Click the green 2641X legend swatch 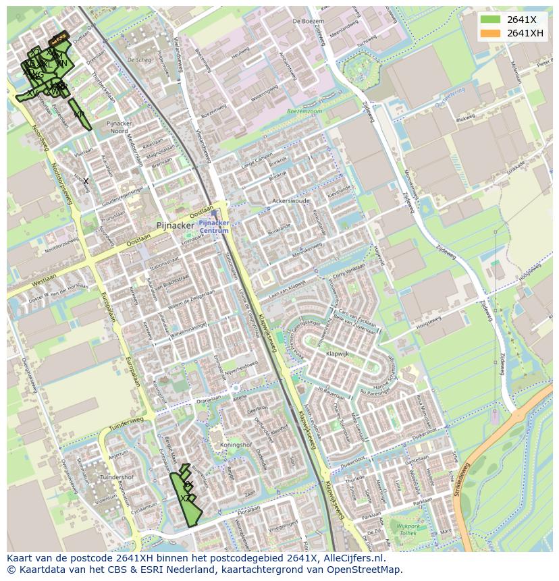(x=490, y=19)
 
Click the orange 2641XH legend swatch (x=490, y=33)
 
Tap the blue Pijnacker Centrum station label (x=214, y=226)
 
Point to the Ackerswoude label (x=290, y=201)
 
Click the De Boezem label (x=304, y=22)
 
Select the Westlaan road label (x=43, y=278)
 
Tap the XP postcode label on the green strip (x=79, y=115)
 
